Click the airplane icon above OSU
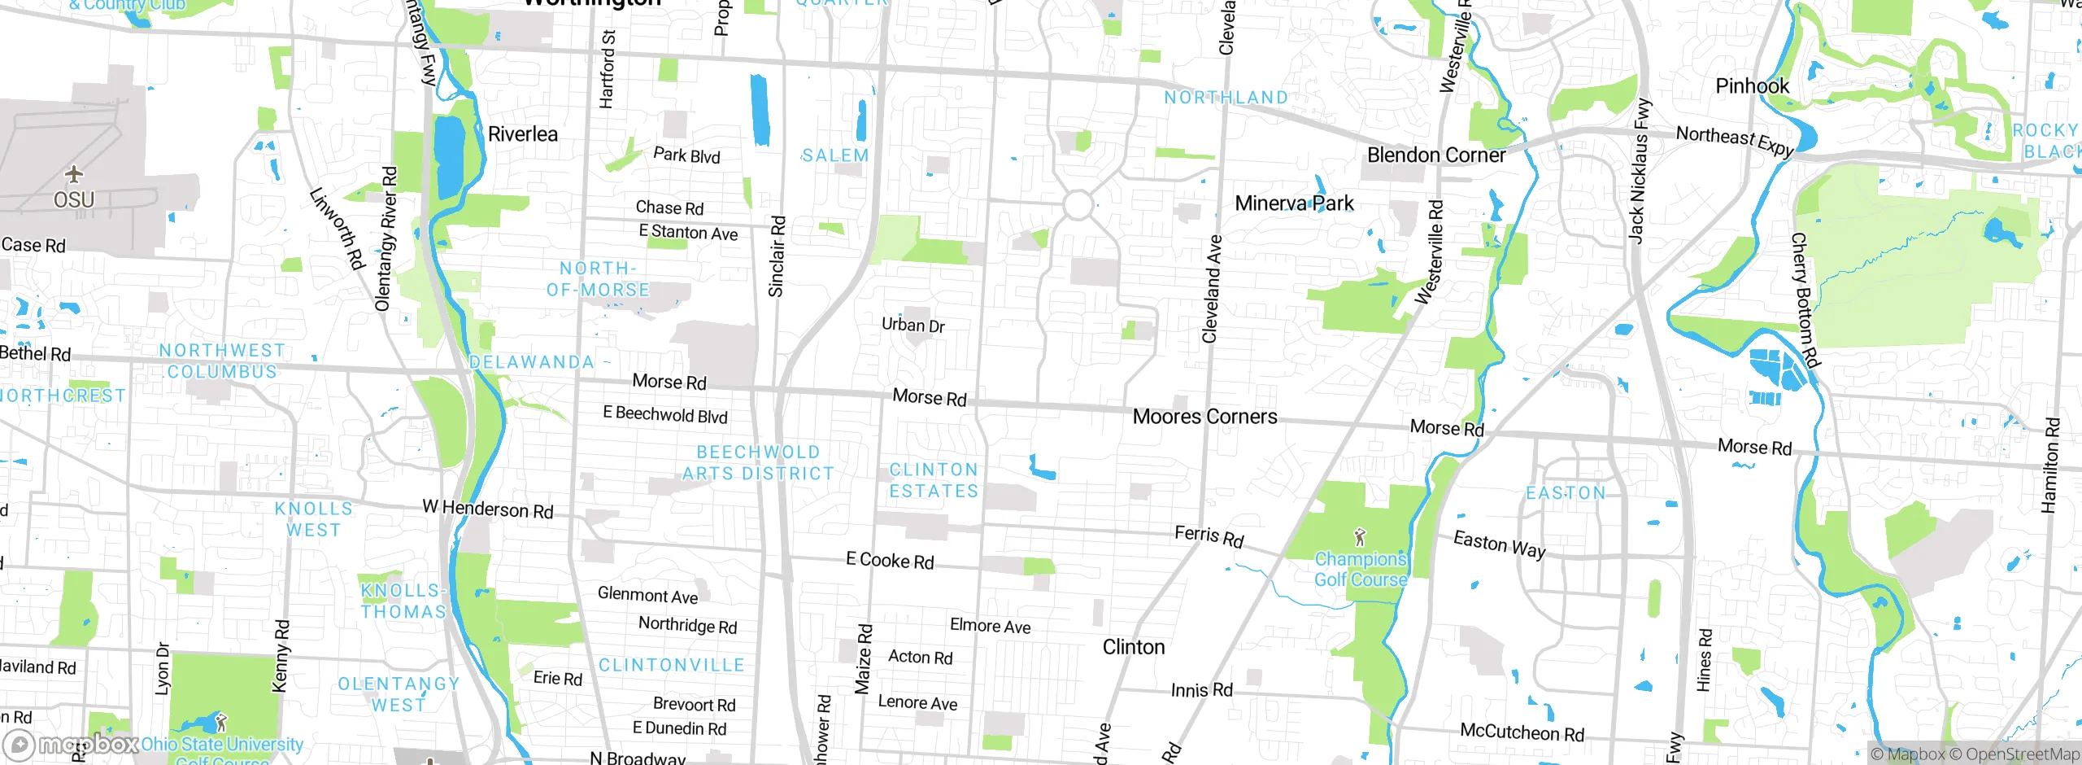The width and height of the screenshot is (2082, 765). point(74,174)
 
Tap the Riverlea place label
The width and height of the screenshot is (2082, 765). point(522,134)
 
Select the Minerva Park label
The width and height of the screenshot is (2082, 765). point(1294,203)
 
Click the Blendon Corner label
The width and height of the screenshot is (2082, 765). point(1435,155)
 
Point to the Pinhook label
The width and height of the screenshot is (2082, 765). point(1752,86)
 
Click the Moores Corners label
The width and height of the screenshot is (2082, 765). point(1204,417)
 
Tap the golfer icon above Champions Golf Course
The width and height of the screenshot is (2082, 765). point(1360,537)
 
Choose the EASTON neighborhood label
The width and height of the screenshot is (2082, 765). point(1566,493)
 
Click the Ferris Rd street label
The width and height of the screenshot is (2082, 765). point(1209,536)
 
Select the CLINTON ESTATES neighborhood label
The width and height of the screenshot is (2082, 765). point(934,480)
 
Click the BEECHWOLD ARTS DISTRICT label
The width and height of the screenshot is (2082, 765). point(758,462)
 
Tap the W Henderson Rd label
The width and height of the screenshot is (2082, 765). point(487,509)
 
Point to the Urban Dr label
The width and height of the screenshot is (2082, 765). point(913,326)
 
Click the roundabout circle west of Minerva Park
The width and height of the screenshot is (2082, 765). point(1078,205)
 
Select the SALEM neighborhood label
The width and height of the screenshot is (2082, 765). point(834,155)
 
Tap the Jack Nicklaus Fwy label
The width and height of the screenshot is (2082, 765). point(1640,171)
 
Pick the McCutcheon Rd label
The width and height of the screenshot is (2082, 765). point(1522,732)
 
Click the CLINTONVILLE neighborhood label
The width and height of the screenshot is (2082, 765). point(671,665)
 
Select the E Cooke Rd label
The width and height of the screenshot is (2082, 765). point(890,561)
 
